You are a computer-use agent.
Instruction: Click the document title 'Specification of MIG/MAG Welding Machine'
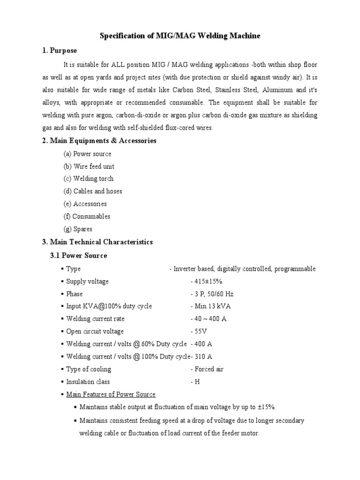click(x=180, y=36)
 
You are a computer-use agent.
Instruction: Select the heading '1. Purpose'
click(x=60, y=51)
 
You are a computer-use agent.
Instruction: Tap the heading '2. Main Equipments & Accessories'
click(x=99, y=141)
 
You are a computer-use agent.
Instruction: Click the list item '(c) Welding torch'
click(x=89, y=179)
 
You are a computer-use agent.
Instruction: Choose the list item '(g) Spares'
click(x=78, y=229)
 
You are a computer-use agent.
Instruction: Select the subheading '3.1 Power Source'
click(x=78, y=255)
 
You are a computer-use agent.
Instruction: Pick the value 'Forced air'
click(x=209, y=369)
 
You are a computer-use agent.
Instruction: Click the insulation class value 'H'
click(x=197, y=382)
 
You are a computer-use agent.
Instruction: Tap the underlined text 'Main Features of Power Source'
click(x=111, y=394)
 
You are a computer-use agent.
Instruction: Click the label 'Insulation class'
click(x=88, y=382)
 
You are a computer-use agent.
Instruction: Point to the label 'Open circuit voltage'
click(x=95, y=331)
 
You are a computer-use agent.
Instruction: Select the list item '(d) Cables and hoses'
click(x=92, y=191)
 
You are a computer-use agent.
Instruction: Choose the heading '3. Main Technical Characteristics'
click(x=97, y=242)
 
